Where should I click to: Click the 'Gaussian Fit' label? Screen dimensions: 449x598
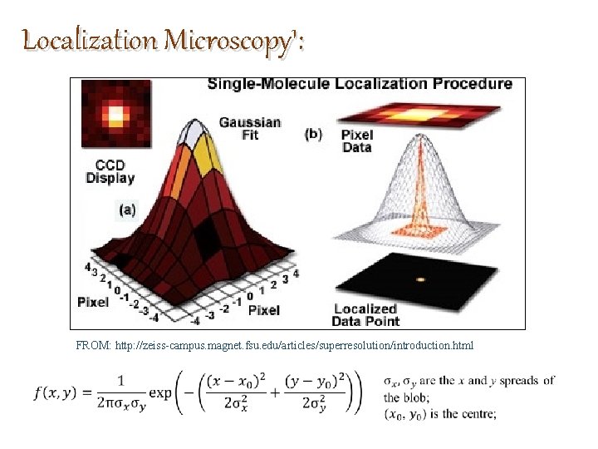pos(249,128)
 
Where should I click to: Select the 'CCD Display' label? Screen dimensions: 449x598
pos(110,170)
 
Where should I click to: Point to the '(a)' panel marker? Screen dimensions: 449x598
pos(126,210)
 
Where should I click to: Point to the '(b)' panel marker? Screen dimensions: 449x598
pos(314,133)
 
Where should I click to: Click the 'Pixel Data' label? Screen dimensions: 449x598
pos(358,141)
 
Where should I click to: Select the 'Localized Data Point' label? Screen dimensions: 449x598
pos(366,314)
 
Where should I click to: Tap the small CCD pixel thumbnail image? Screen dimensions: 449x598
pos(116,114)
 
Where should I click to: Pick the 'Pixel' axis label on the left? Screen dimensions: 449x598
pos(93,302)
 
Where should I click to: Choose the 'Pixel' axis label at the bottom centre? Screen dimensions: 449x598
pos(264,309)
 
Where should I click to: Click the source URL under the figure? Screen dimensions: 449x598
pos(294,345)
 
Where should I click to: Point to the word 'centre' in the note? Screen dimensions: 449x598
pos(477,415)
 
